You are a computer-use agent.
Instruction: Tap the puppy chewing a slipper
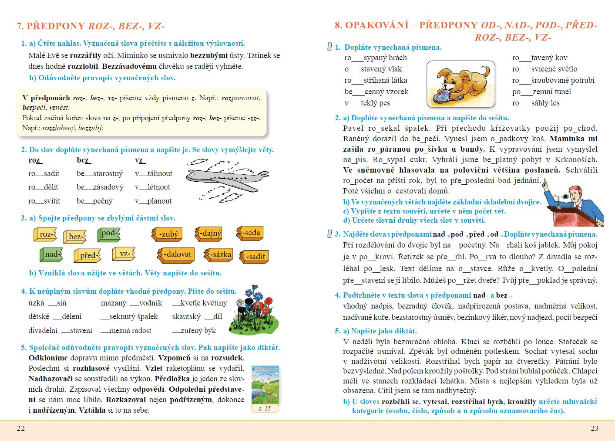pos(460,84)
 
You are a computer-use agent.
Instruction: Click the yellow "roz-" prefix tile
pos(45,234)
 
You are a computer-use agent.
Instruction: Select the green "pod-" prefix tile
pos(109,234)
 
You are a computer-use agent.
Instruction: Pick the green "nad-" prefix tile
pos(51,254)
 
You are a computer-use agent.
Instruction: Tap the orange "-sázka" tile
pos(219,254)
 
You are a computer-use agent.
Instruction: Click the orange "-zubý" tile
pos(167,234)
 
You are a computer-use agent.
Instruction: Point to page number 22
pos(20,428)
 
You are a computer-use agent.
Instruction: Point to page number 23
pos(594,428)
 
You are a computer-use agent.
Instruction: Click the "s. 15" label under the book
pos(265,408)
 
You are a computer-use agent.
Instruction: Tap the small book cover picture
pos(265,384)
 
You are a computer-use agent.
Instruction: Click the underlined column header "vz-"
pos(140,160)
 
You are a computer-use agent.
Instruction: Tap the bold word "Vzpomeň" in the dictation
pos(174,358)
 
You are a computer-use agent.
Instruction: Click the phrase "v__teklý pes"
pos(367,103)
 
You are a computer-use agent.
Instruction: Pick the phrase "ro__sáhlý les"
pos(536,103)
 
